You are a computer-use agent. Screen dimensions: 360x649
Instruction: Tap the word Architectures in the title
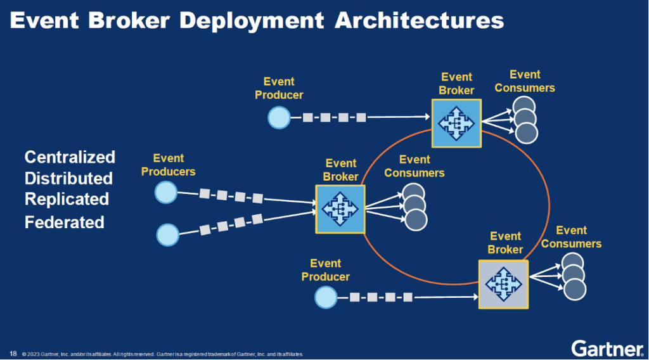[x=419, y=21]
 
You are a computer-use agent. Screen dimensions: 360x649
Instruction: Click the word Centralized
[x=70, y=157]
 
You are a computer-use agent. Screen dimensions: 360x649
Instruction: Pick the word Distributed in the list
[x=68, y=178]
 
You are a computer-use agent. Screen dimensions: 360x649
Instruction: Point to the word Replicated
[x=67, y=199]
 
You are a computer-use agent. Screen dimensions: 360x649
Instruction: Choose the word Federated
[x=64, y=222]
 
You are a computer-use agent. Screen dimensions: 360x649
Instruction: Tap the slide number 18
[x=13, y=353]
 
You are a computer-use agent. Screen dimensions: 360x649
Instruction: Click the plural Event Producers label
[x=168, y=165]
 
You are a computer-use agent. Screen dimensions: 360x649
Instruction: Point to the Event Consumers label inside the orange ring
[x=414, y=167]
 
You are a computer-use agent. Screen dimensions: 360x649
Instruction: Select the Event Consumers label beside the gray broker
[x=571, y=237]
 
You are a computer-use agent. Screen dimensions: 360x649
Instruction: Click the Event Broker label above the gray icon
[x=505, y=243]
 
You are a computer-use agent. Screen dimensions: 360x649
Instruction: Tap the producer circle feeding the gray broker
[x=326, y=297]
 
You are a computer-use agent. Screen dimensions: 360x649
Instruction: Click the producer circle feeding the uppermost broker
[x=279, y=117]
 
